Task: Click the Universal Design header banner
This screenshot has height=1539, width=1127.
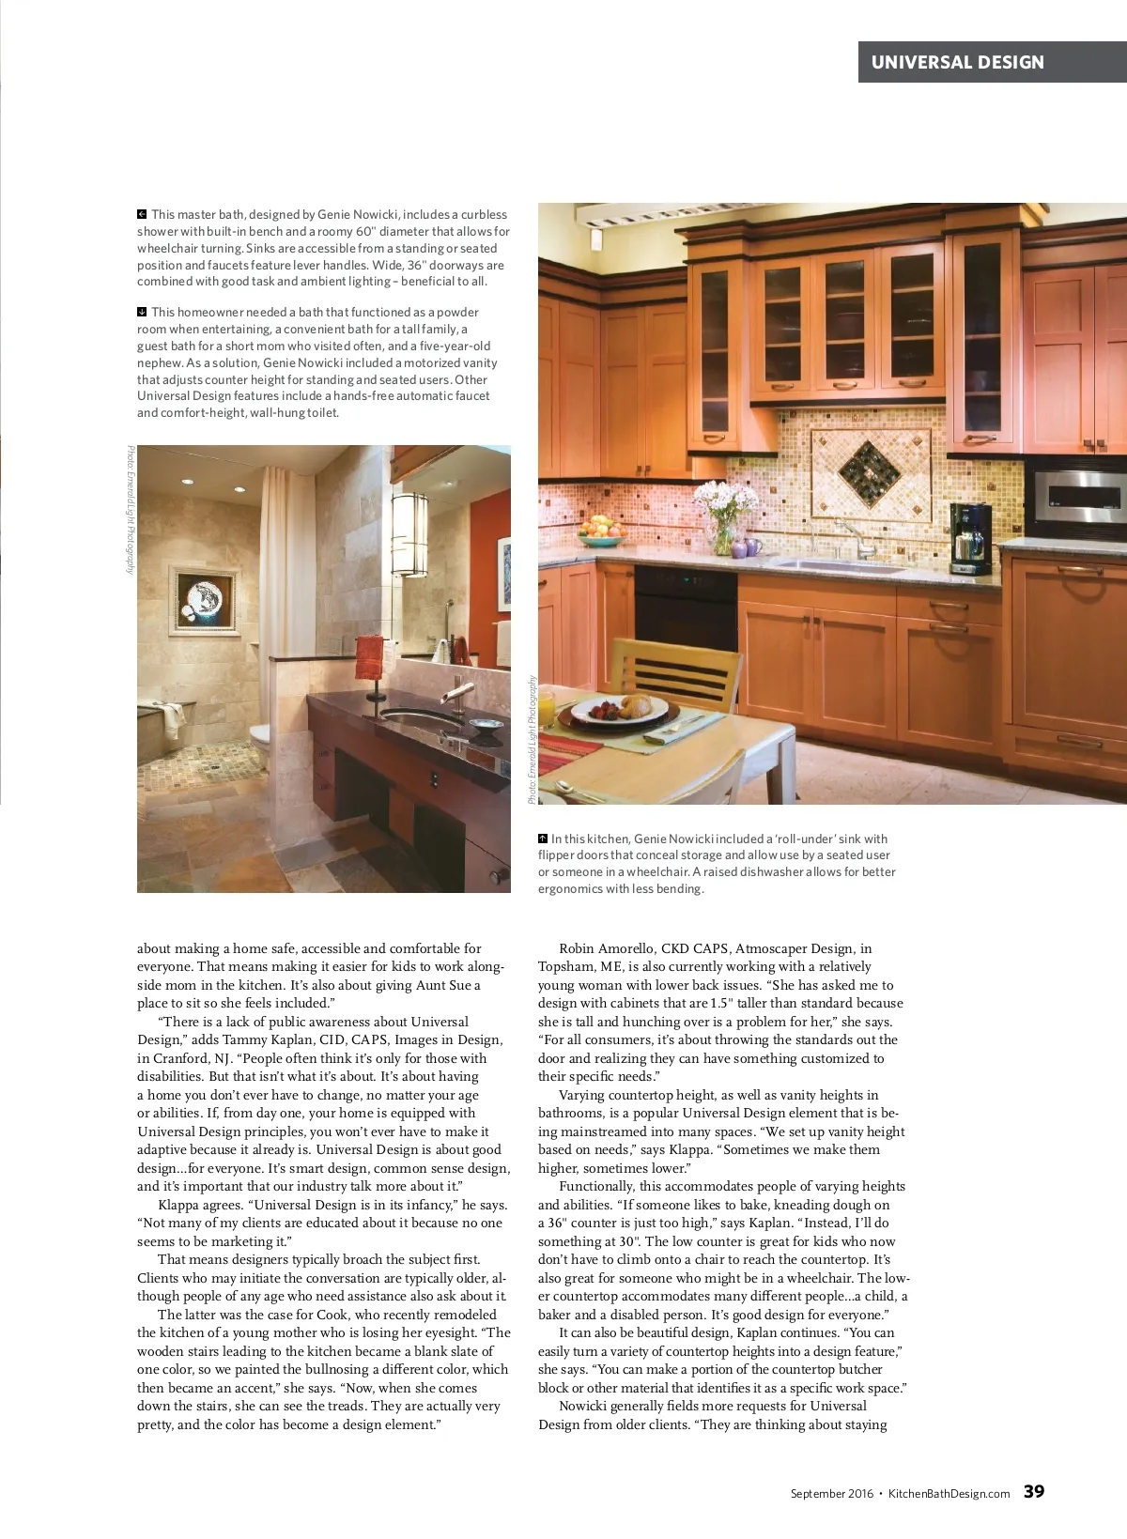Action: (x=992, y=62)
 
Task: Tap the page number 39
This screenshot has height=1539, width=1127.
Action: (x=1033, y=1491)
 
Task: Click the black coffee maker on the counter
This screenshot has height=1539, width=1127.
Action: (x=970, y=538)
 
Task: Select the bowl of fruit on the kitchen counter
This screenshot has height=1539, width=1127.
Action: (x=601, y=531)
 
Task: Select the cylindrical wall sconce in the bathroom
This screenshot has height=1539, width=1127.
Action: (x=409, y=532)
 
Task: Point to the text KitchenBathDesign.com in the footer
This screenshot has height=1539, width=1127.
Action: (x=949, y=1493)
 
